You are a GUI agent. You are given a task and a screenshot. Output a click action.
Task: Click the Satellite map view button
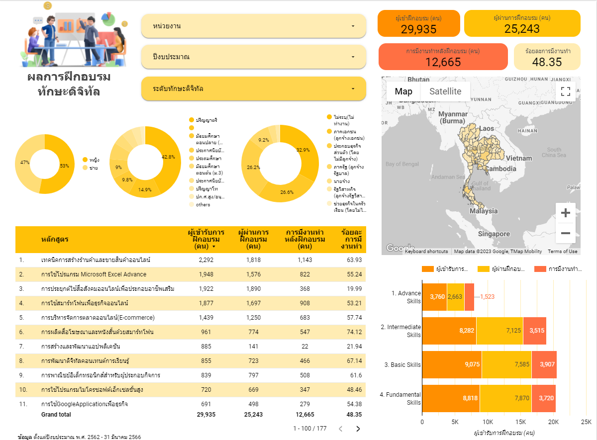click(x=445, y=91)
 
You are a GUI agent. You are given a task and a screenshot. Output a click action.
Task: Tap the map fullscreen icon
click(x=565, y=91)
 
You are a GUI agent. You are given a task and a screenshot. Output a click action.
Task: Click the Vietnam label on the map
click(x=519, y=158)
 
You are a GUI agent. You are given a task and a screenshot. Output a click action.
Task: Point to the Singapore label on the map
click(x=494, y=234)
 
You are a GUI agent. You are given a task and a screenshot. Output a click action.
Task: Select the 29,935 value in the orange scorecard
click(x=418, y=29)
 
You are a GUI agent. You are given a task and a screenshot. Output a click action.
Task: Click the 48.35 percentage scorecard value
click(x=547, y=62)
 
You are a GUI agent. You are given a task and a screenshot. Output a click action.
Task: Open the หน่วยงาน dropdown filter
click(x=254, y=26)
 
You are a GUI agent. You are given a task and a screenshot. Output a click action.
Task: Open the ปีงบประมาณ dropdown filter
click(x=254, y=57)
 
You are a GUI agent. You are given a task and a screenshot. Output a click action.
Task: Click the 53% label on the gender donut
click(x=65, y=166)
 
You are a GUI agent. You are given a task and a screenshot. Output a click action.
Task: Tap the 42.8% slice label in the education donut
click(x=169, y=157)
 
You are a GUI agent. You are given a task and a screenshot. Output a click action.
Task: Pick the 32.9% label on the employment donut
click(x=303, y=150)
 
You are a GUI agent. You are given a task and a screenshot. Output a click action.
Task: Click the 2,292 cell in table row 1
click(x=206, y=260)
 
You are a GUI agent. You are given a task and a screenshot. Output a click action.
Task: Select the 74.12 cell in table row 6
click(x=351, y=332)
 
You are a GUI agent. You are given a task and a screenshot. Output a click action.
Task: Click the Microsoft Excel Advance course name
click(x=94, y=274)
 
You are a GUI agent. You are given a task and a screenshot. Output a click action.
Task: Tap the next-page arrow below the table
click(x=358, y=429)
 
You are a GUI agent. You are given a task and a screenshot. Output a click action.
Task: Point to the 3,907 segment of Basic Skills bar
click(x=543, y=365)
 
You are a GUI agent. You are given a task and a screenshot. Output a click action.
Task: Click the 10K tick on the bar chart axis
click(x=488, y=422)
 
